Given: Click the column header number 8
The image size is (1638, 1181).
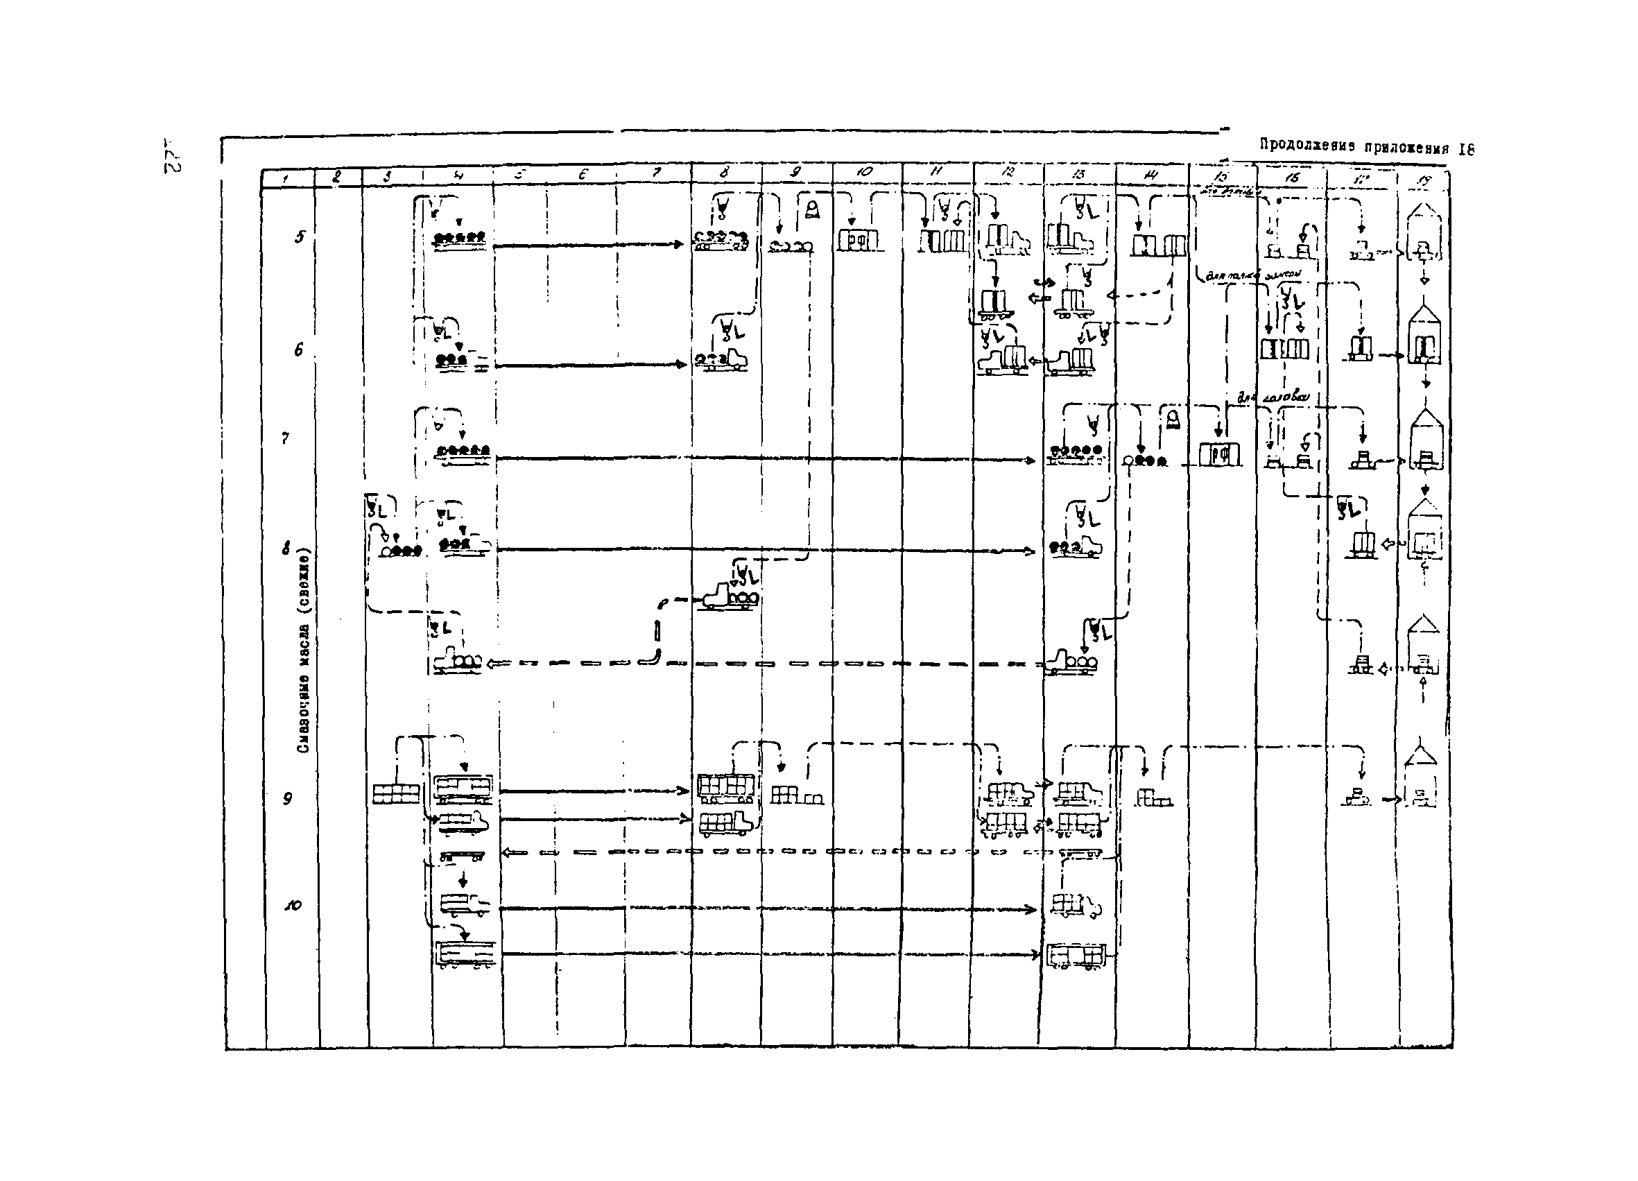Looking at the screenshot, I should (725, 173).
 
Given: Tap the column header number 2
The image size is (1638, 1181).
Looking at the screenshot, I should (336, 174).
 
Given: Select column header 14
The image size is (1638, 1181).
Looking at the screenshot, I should (1151, 173).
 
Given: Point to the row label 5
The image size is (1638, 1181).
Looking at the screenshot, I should (300, 236).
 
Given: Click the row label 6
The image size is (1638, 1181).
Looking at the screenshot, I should (298, 350).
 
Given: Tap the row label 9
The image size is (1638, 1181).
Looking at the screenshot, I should (287, 798).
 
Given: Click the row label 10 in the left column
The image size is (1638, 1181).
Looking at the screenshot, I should (293, 905).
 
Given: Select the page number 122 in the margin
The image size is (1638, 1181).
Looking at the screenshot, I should (171, 155).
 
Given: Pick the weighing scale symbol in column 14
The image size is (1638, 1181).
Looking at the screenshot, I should (1171, 420).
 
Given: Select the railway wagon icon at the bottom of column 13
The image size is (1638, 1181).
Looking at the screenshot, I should (1076, 956).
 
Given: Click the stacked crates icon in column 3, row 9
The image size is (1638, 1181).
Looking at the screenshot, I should (396, 794).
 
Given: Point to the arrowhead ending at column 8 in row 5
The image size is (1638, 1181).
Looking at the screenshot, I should (678, 245).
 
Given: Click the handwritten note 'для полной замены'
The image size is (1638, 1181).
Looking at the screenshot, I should (1254, 275).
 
